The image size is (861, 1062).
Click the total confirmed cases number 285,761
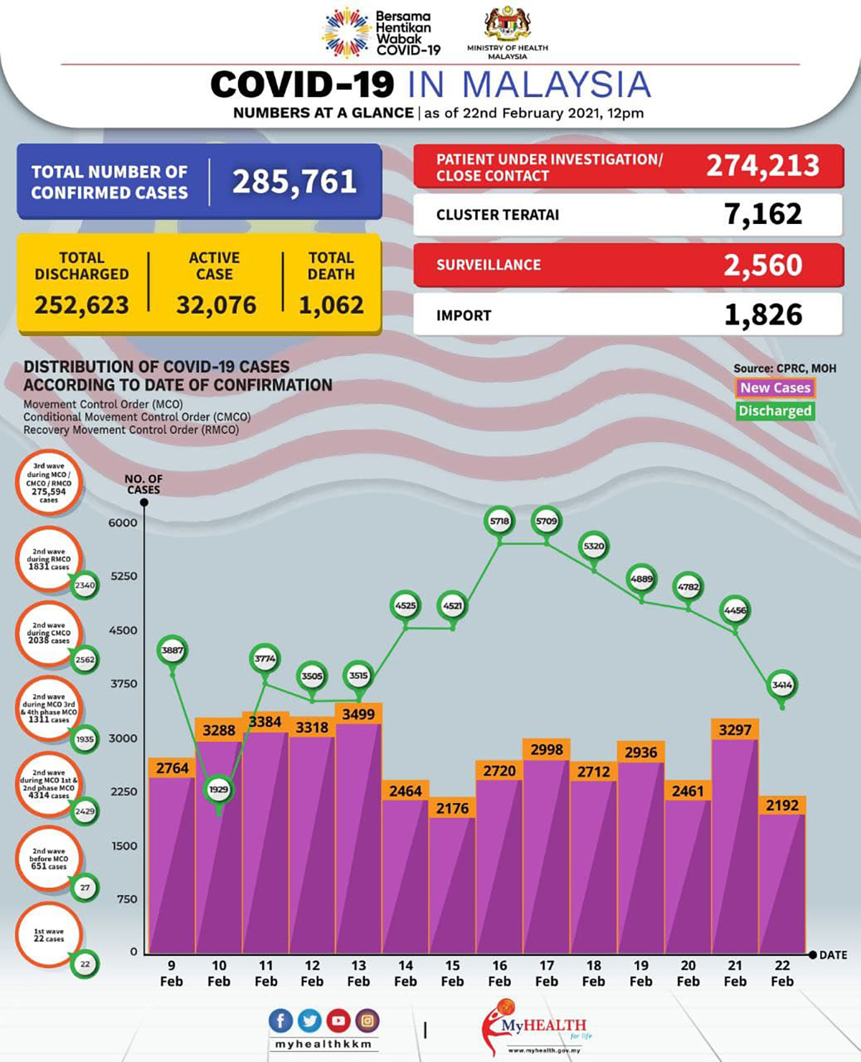pos(294,182)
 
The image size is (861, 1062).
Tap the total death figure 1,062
pos(331,306)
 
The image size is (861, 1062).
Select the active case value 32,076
pos(216,306)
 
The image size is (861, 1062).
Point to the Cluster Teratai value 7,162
pos(763,215)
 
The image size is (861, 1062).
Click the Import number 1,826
pos(763,315)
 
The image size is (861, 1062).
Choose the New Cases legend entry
pos(775,388)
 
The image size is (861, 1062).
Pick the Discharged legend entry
pos(775,411)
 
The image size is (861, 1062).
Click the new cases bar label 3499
pos(358,714)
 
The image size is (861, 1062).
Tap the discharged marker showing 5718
pos(499,522)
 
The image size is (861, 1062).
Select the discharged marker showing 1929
pos(218,789)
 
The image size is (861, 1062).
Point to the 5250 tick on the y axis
pos(123,576)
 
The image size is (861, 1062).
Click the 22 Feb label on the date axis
pos(782,974)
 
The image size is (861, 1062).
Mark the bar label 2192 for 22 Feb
pos(782,805)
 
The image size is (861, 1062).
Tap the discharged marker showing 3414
pos(782,685)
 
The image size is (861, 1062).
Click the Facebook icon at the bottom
pos(281,1020)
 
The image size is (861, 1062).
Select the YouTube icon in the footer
pos(338,1020)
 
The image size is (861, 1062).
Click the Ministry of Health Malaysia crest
pos(507,24)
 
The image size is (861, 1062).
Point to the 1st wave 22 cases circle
pos(49,935)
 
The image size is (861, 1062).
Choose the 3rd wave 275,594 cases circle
pos(49,483)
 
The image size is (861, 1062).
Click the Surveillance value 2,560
pos(763,265)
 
